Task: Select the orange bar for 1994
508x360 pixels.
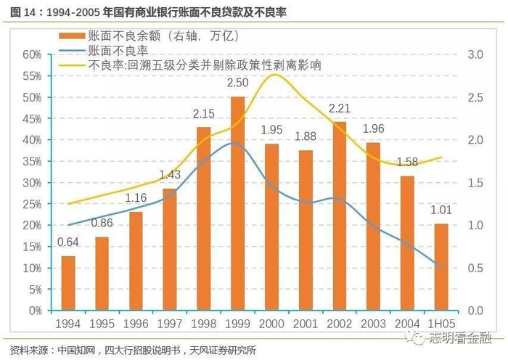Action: click(x=68, y=283)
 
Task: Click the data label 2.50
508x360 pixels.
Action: click(x=237, y=83)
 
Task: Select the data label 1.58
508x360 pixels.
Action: click(x=407, y=162)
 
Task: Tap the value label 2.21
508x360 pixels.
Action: click(x=339, y=109)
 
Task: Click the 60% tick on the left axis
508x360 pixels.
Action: click(x=32, y=54)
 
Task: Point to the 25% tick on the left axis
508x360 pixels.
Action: click(x=32, y=204)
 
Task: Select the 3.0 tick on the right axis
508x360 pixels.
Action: click(x=475, y=54)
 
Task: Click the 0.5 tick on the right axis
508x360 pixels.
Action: click(x=475, y=268)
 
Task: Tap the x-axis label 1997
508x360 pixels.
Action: click(x=169, y=323)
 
